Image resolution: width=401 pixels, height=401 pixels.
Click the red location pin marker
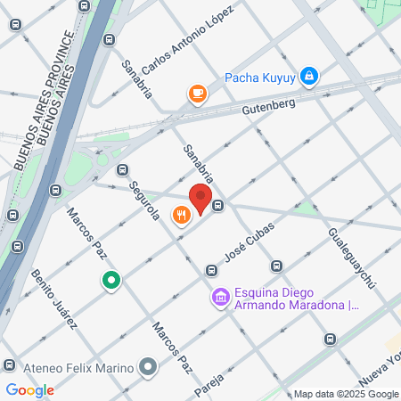(200, 198)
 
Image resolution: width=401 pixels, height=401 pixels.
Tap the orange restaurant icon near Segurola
(182, 215)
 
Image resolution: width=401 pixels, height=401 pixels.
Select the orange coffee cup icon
(196, 92)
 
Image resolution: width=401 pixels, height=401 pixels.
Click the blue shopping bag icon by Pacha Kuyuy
(308, 76)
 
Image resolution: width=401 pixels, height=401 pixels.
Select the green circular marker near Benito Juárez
(110, 282)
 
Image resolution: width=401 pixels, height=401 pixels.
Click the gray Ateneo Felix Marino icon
(148, 366)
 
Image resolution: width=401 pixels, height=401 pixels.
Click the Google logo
(29, 389)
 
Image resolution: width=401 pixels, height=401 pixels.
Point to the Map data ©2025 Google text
(347, 395)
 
